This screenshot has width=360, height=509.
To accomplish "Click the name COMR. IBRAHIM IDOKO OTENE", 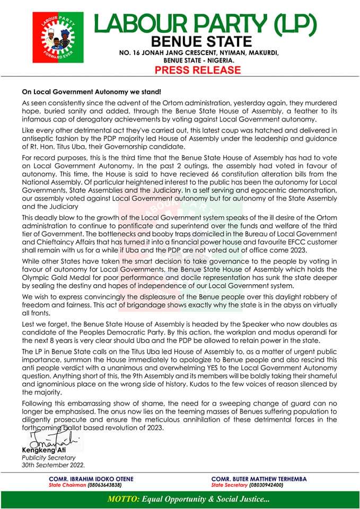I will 91,478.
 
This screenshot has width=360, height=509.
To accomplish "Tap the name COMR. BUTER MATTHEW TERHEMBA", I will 259,478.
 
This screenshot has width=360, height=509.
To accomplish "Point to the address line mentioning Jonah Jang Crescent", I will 198,54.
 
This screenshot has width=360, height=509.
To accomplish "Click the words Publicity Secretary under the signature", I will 49,457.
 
